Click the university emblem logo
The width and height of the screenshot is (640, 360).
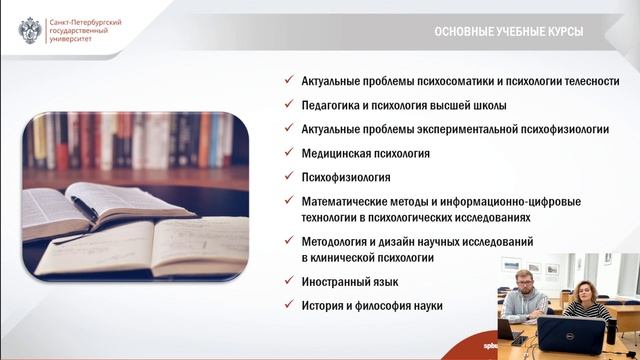(x=30, y=31)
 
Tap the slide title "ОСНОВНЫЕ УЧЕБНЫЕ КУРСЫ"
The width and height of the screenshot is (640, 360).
(x=508, y=32)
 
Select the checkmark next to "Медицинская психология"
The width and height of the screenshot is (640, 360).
(x=287, y=154)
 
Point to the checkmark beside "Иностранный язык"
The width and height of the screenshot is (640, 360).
(x=287, y=283)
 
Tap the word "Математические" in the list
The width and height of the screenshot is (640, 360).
(x=345, y=202)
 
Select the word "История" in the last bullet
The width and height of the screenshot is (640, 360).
(x=322, y=306)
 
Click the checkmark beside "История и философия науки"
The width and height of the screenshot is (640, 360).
(x=287, y=306)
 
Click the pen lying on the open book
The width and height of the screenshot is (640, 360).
(x=84, y=208)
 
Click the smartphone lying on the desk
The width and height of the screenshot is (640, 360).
(x=518, y=341)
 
